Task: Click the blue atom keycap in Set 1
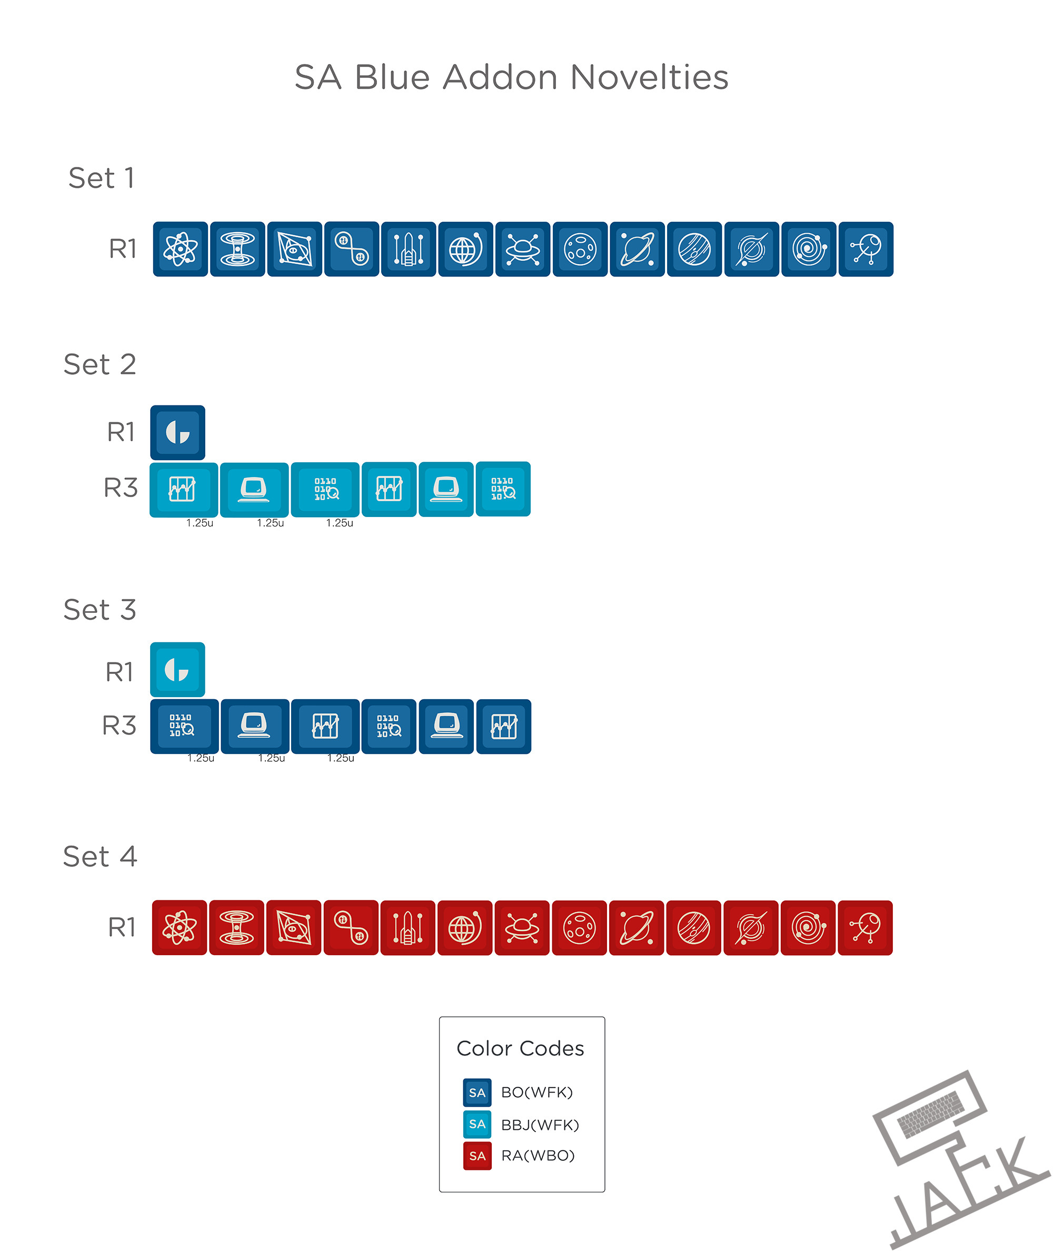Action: [x=180, y=249]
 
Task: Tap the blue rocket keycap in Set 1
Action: [x=409, y=249]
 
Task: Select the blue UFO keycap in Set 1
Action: [x=523, y=249]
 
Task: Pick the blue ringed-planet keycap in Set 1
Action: [x=637, y=249]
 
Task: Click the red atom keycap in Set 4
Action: [x=180, y=927]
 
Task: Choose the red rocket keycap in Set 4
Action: [x=408, y=927]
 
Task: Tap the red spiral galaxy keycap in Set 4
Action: [x=808, y=927]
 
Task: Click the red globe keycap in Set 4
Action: [x=465, y=927]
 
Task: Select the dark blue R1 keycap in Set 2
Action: [x=178, y=432]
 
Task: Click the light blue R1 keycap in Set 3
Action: [x=178, y=669]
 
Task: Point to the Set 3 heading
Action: [x=100, y=610]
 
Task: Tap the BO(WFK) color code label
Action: [x=537, y=1092]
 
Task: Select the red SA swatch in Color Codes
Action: [x=477, y=1156]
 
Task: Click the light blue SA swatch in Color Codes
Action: [x=477, y=1124]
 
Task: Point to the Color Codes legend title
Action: [x=520, y=1048]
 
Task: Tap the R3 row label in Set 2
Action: [x=121, y=488]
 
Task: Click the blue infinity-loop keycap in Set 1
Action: [x=352, y=249]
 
